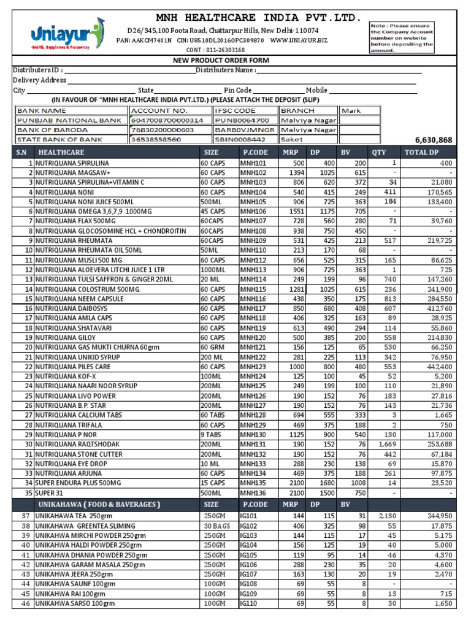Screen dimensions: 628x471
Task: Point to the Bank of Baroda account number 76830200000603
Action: [x=163, y=130]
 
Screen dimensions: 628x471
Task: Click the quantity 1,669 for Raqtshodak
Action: [x=387, y=443]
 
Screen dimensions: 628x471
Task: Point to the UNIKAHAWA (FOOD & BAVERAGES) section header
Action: [x=98, y=504]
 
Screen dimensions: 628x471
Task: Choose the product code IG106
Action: [x=248, y=564]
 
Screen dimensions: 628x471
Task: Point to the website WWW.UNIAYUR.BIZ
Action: [x=299, y=40]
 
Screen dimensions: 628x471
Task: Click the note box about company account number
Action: [x=401, y=37]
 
